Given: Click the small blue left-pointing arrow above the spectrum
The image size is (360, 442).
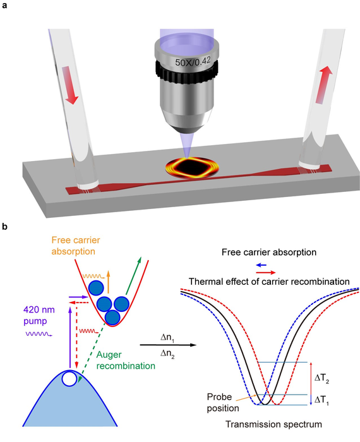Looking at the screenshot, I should coord(263,266).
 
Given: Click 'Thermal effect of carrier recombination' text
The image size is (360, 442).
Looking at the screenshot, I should coord(267,280).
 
